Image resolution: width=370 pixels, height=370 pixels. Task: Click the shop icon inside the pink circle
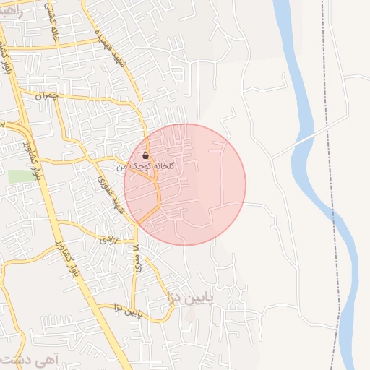146,155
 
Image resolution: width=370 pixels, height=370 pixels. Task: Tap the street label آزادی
108,237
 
